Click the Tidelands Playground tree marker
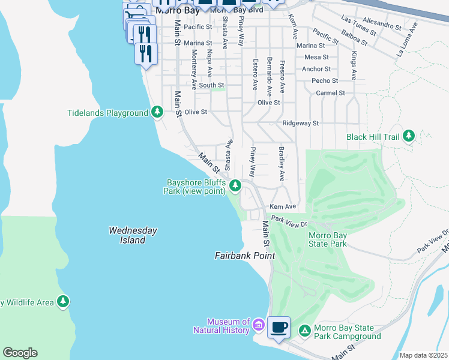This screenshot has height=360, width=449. click(x=157, y=112)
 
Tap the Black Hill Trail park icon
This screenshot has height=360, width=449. click(x=409, y=137)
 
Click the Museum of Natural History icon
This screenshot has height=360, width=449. click(x=259, y=326)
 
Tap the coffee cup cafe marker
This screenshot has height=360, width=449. click(x=279, y=328)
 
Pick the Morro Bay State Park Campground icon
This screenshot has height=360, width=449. click(x=305, y=330)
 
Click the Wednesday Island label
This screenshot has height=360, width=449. click(x=133, y=235)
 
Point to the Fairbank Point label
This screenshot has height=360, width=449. click(x=245, y=256)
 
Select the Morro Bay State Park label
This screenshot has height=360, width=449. click(x=327, y=240)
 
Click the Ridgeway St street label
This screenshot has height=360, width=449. click(x=300, y=123)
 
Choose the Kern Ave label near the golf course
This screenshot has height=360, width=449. click(x=283, y=206)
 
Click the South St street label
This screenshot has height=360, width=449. click(x=211, y=85)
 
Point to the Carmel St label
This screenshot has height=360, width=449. click(x=331, y=93)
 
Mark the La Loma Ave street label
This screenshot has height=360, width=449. click(x=406, y=40)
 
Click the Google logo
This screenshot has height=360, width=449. click(x=20, y=353)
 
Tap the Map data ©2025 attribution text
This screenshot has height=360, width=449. click(x=423, y=355)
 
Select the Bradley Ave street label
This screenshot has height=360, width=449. click(x=280, y=164)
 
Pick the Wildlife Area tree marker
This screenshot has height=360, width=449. click(x=63, y=301)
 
